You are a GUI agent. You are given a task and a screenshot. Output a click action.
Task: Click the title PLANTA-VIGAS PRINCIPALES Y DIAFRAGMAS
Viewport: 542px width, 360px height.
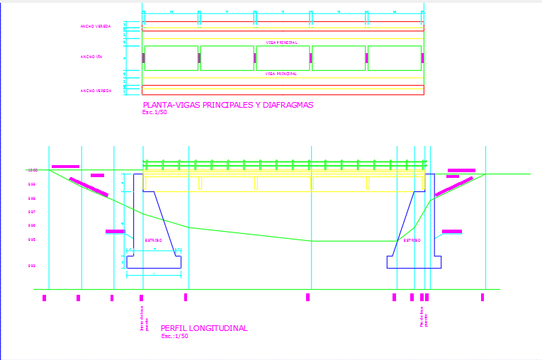click(227, 105)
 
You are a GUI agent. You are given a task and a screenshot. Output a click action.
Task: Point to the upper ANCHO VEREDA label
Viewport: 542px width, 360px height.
click(96, 26)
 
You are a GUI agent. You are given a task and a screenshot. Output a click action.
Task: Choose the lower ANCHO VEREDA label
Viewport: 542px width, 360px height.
click(96, 91)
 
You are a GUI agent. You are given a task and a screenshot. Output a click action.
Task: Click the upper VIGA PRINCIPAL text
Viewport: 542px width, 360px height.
click(281, 43)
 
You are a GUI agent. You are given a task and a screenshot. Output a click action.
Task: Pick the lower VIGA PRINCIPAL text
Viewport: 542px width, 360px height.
click(281, 74)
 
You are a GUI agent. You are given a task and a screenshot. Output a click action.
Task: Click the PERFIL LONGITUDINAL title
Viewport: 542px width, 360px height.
click(204, 328)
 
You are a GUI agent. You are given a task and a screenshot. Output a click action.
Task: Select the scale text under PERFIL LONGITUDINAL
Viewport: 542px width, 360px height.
click(174, 336)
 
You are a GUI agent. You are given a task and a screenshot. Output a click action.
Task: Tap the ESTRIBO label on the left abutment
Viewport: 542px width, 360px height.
click(154, 240)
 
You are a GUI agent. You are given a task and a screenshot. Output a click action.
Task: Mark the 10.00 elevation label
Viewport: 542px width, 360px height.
click(32, 170)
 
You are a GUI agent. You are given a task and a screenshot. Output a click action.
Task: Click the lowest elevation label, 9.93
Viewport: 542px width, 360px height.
click(32, 266)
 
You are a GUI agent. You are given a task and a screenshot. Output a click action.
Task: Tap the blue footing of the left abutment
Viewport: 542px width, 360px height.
click(154, 262)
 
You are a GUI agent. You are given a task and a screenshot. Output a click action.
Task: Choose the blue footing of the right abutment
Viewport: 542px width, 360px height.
click(414, 262)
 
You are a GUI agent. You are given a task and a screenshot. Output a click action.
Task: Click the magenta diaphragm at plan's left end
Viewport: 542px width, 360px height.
click(144, 58)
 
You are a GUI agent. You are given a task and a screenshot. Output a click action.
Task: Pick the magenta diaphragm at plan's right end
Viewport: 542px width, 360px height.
click(422, 58)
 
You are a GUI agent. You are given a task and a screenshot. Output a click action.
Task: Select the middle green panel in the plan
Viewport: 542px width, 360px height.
click(282, 58)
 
